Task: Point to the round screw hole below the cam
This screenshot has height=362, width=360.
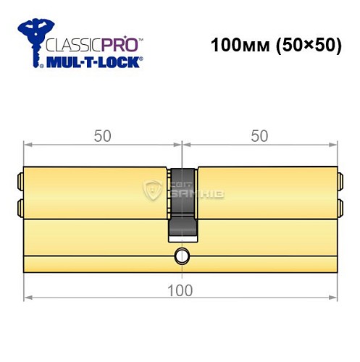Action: [x=181, y=256]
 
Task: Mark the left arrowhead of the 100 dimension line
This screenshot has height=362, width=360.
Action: [x=28, y=298]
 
